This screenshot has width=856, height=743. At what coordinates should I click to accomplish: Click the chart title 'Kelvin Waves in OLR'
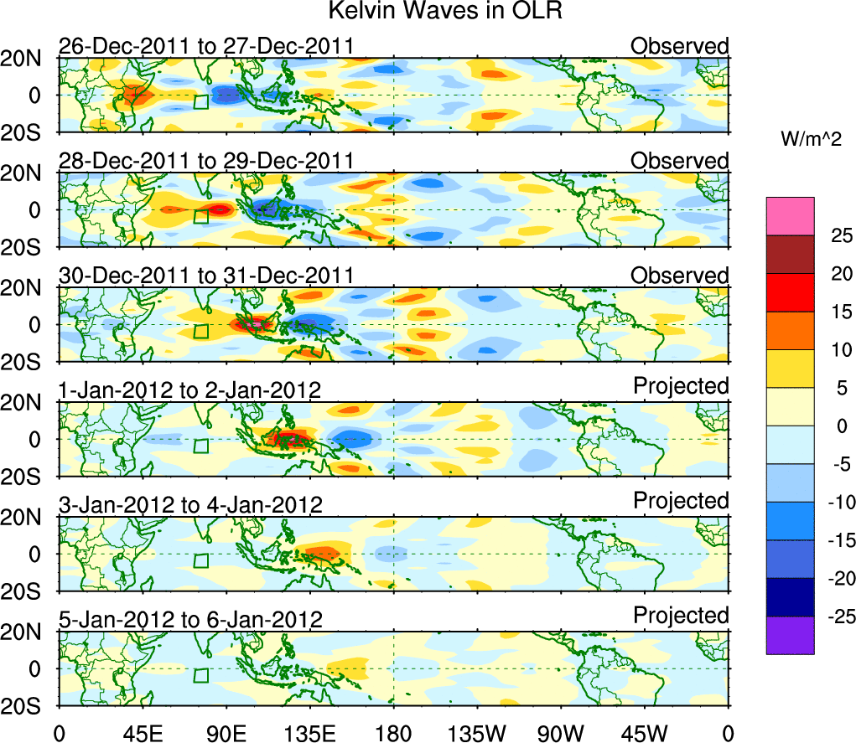428,12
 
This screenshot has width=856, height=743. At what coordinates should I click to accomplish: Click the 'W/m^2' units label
809,140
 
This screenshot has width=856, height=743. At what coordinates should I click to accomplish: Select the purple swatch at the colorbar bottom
789,635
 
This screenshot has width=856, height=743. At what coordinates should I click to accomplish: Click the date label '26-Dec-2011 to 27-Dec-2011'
205,46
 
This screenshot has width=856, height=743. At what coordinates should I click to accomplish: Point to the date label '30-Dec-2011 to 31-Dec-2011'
205,276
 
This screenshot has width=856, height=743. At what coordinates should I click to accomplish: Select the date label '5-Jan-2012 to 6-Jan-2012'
190,620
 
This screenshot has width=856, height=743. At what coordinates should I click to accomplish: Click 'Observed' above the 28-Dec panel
679,160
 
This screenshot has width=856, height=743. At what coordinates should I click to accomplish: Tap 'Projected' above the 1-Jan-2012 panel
681,386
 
